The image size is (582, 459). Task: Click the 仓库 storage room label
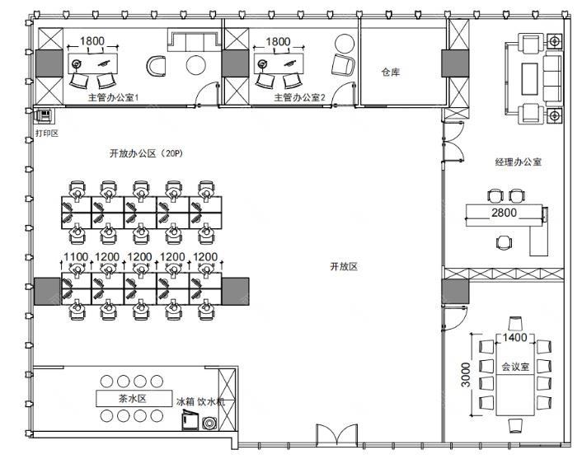coord(391,72)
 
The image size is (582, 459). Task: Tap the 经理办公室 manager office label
coord(519,162)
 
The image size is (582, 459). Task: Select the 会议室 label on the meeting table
coord(515,367)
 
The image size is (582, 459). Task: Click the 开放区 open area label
coord(344,266)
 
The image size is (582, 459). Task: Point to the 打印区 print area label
coord(47,133)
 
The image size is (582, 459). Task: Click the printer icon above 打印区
coord(45,115)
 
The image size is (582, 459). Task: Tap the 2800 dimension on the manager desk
coord(504,213)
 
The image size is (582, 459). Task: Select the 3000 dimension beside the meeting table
coord(466,375)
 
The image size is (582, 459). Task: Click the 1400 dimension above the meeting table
coord(515,337)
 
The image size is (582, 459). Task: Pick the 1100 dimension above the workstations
coord(76,257)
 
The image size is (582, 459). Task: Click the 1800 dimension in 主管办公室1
coord(92,41)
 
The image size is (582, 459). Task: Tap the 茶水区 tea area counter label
coord(132,399)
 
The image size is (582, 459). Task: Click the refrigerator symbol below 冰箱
coord(190,420)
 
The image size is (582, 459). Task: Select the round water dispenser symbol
coord(209,423)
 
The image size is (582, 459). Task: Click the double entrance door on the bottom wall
coord(336,435)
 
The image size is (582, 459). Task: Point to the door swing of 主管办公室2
coord(343,94)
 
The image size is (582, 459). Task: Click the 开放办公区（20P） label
coord(146,153)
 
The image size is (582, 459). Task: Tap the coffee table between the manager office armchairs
coord(530,79)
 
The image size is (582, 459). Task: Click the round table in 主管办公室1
coord(195,66)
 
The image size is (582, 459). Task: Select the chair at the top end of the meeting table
coord(515,323)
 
